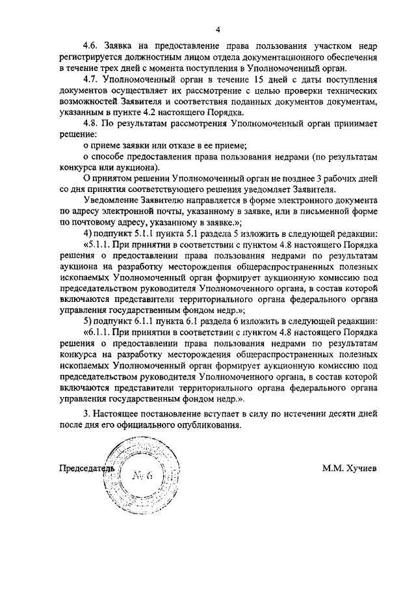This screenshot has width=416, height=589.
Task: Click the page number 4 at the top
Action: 218,29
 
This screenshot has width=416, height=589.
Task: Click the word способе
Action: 111,157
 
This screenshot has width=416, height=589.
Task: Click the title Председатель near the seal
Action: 86,468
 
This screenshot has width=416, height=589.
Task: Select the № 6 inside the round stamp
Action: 142,475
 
